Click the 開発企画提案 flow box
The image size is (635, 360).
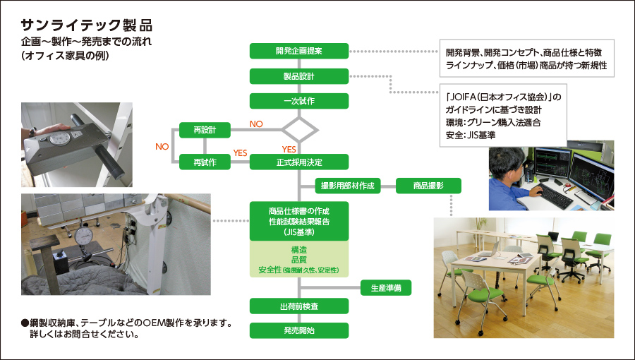(299, 51)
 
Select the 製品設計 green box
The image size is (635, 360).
(299, 76)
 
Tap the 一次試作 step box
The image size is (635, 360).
(299, 100)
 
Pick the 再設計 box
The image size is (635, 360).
(203, 130)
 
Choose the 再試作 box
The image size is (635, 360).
(203, 162)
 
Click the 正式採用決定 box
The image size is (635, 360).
(299, 162)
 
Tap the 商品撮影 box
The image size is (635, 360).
(428, 186)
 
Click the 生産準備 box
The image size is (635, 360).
(386, 288)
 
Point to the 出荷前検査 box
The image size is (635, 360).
(299, 306)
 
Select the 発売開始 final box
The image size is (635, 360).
(299, 330)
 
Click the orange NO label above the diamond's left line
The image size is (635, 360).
(255, 124)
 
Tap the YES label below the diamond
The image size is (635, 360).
(289, 149)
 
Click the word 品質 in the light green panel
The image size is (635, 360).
(299, 260)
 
